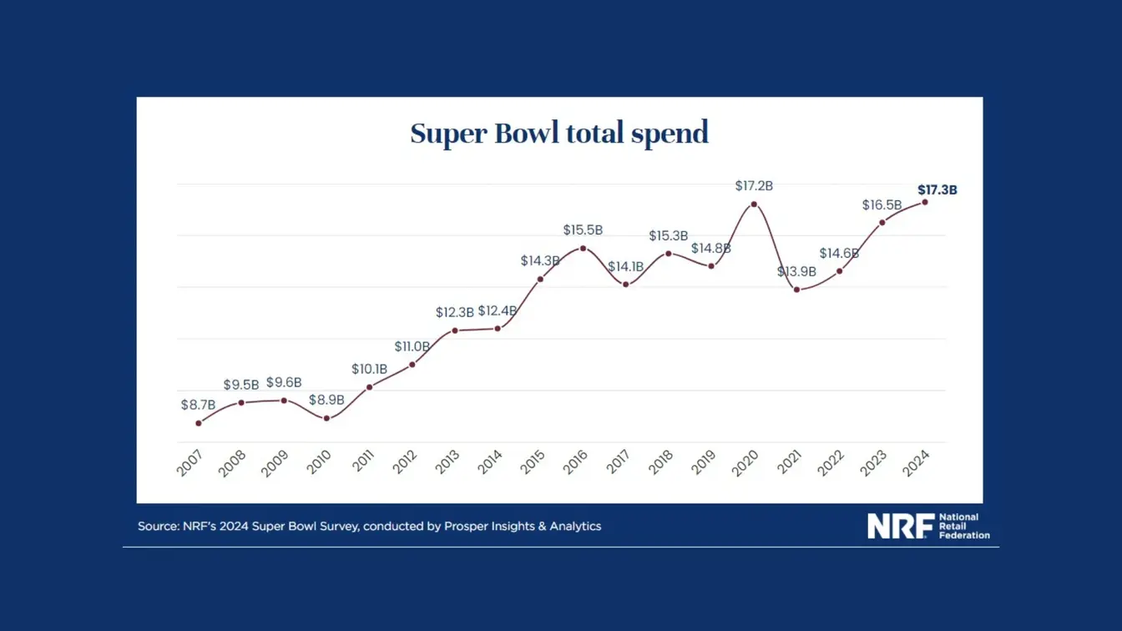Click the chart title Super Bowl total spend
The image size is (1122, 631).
(559, 134)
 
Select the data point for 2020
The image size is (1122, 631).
(754, 204)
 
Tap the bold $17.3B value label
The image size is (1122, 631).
(938, 189)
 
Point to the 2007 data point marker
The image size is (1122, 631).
(199, 423)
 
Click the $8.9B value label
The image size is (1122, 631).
(326, 400)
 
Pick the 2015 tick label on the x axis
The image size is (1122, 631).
(533, 462)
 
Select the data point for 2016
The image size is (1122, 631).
(583, 249)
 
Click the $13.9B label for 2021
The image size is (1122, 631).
(796, 271)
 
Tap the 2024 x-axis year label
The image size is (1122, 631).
(916, 462)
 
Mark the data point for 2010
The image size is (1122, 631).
(326, 418)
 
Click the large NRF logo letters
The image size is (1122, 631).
(901, 526)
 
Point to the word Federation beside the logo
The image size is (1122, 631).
(964, 535)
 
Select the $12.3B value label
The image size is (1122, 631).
(454, 312)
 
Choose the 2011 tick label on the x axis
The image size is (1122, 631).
(363, 461)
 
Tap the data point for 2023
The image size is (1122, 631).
(882, 223)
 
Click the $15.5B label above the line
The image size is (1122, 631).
(583, 230)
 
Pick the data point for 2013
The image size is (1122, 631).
(455, 331)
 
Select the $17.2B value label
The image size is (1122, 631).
(754, 186)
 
